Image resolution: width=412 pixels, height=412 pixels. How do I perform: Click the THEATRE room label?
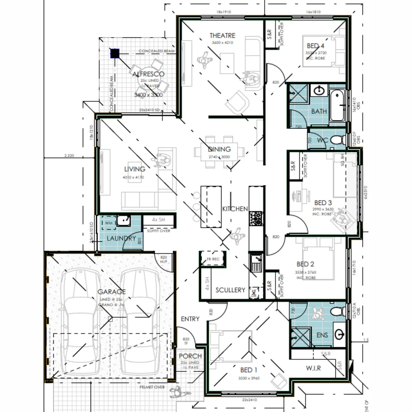pyautogui.click(x=222, y=35)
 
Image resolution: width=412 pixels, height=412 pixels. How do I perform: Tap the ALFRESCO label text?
pyautogui.click(x=148, y=74)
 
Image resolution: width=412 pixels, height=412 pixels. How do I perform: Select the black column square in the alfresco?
pyautogui.click(x=115, y=53)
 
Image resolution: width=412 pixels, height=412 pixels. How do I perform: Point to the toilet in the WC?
pyautogui.click(x=336, y=140)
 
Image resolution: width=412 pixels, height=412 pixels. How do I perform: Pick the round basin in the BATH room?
pyautogui.click(x=319, y=91)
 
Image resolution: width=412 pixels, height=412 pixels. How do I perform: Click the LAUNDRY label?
pyautogui.click(x=121, y=238)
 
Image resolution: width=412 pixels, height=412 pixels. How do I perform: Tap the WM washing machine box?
pyautogui.click(x=109, y=222)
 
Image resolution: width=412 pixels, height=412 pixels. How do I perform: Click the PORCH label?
pyautogui.click(x=190, y=356)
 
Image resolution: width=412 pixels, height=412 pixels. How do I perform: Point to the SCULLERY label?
pyautogui.click(x=230, y=290)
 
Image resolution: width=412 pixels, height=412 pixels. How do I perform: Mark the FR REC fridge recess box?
pyautogui.click(x=213, y=259)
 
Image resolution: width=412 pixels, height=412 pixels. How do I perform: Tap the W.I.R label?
pyautogui.click(x=313, y=368)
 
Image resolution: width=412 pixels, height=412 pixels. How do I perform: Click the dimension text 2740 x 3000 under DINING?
pyautogui.click(x=219, y=157)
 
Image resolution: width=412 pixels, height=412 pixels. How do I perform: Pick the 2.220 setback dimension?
pyautogui.click(x=69, y=155)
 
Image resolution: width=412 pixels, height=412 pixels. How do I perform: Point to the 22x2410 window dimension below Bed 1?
pyautogui.click(x=250, y=400)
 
